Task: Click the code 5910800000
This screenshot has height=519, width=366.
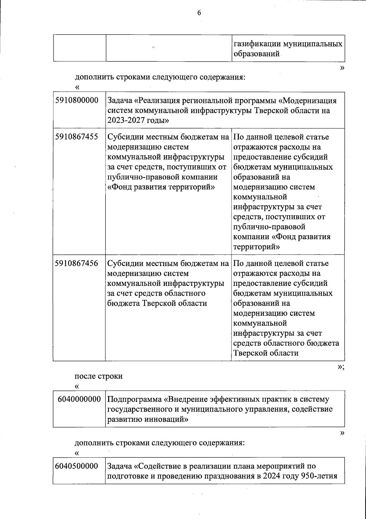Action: (x=77, y=100)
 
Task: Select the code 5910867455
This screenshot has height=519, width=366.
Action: (x=77, y=137)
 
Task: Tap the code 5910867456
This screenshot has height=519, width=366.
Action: (x=77, y=263)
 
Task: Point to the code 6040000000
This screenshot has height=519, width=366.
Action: (x=79, y=399)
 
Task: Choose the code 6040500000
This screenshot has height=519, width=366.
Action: (x=77, y=466)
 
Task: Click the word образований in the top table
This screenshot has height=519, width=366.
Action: (x=256, y=54)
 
